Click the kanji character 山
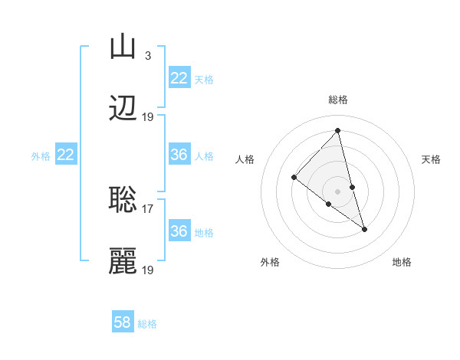123,47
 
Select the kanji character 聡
123,200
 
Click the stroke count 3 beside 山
147,55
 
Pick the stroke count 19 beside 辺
148,117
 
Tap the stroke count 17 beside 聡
148,208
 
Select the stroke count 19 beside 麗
148,270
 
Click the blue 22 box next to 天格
179,78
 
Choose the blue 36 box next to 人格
179,155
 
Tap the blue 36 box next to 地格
179,231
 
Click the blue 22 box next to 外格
65,155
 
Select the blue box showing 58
123,322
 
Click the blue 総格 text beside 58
147,324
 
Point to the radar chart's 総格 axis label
338,100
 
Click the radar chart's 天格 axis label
432,159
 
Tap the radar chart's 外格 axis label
270,262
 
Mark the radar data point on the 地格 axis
365,229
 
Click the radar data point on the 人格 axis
294,178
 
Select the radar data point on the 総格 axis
338,130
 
